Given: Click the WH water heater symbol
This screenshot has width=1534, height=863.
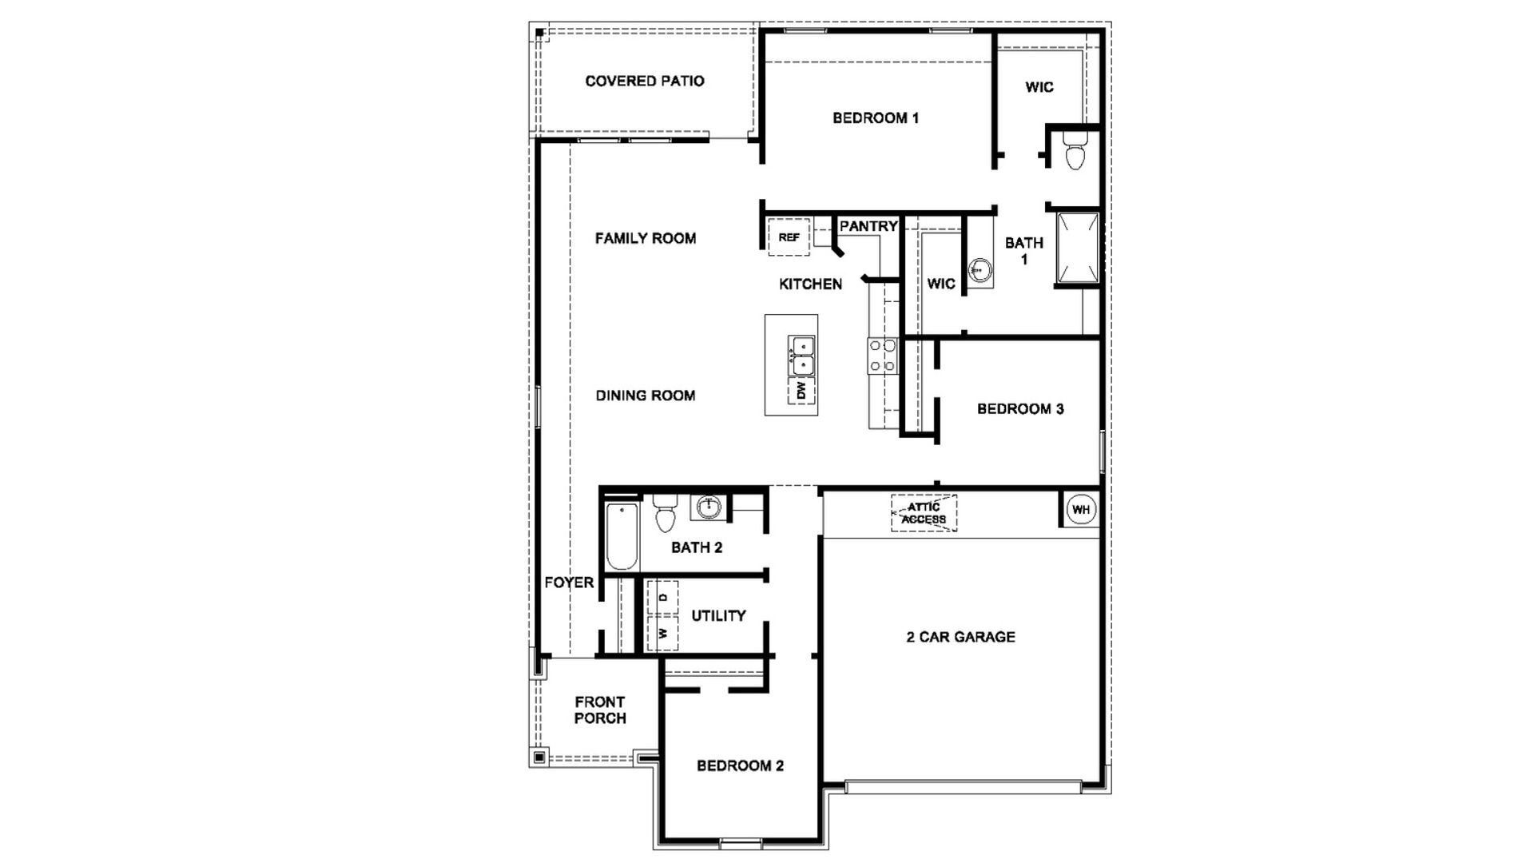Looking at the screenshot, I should [x=1080, y=510].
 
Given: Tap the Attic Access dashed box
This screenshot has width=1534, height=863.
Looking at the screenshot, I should [x=924, y=513].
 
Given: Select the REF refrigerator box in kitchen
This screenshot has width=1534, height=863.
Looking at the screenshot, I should [x=789, y=237].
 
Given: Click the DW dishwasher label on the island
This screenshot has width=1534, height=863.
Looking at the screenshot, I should [x=802, y=390].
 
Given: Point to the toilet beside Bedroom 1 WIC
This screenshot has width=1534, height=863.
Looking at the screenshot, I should [x=1075, y=152].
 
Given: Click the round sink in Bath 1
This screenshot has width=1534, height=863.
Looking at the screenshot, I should [x=979, y=272].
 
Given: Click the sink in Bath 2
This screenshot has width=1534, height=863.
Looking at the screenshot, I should [x=708, y=507].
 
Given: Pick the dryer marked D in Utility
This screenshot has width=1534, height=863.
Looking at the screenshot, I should [x=662, y=597].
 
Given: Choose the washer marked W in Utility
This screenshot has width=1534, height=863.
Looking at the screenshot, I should [x=662, y=633].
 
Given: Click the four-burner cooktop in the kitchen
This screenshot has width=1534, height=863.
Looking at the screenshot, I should [x=883, y=356].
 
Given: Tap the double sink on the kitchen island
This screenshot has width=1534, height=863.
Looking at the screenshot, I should [x=801, y=356].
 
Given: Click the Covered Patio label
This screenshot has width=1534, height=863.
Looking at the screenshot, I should [x=645, y=81].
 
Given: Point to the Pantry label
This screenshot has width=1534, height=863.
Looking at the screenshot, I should [x=868, y=226].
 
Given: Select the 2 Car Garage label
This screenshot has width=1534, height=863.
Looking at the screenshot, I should [x=960, y=637].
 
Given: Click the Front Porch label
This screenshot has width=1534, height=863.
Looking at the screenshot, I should [x=600, y=710].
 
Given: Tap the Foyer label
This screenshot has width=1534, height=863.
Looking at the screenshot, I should [x=569, y=583].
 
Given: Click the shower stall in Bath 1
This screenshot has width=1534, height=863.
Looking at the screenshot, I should [x=1078, y=248].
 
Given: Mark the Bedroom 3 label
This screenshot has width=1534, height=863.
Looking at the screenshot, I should [x=1020, y=409].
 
